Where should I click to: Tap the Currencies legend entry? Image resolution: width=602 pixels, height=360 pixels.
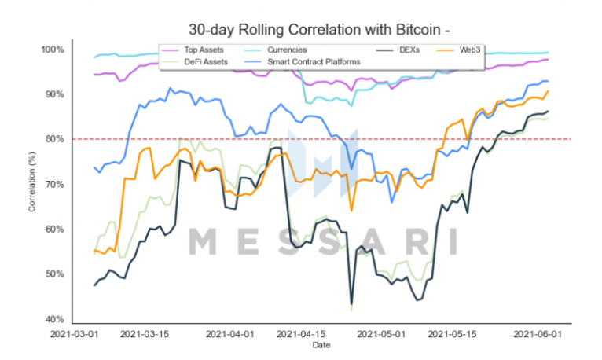(288, 50)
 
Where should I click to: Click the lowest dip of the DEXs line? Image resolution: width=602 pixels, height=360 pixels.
(351, 305)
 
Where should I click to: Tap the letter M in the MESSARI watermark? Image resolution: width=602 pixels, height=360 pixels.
(202, 241)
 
